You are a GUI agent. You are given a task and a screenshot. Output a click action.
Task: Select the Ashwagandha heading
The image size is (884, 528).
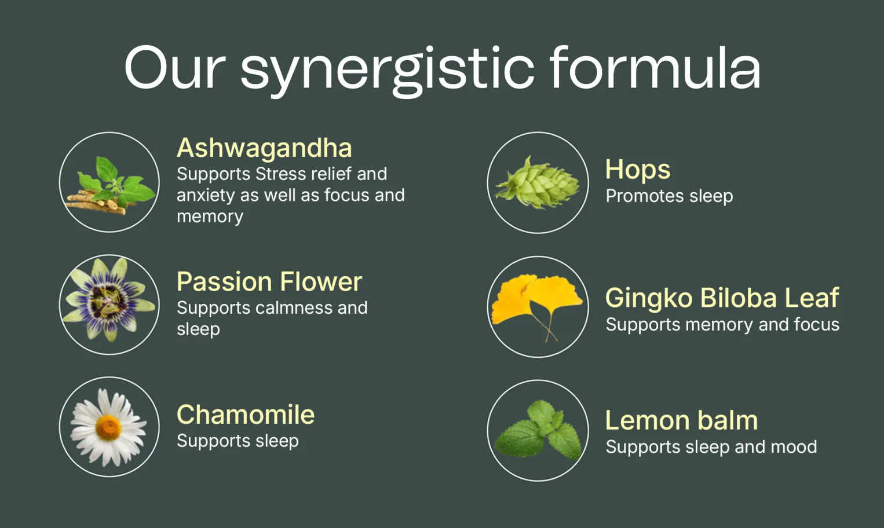264,148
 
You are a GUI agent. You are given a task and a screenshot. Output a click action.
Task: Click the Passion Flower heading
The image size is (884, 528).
269,282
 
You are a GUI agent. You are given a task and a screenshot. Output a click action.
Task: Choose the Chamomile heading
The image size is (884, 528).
246,415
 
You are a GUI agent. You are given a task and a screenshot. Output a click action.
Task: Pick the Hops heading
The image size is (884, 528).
638,170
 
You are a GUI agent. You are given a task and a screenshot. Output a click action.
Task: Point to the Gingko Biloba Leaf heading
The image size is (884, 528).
722,298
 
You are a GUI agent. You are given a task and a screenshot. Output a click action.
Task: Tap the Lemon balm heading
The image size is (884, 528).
681,420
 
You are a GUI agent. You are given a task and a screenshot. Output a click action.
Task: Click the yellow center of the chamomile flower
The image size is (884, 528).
108,428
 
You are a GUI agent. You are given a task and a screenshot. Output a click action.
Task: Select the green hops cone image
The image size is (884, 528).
538,182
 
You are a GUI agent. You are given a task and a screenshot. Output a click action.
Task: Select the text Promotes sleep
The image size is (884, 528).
669,196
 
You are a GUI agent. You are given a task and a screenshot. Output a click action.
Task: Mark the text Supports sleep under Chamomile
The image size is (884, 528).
238,441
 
